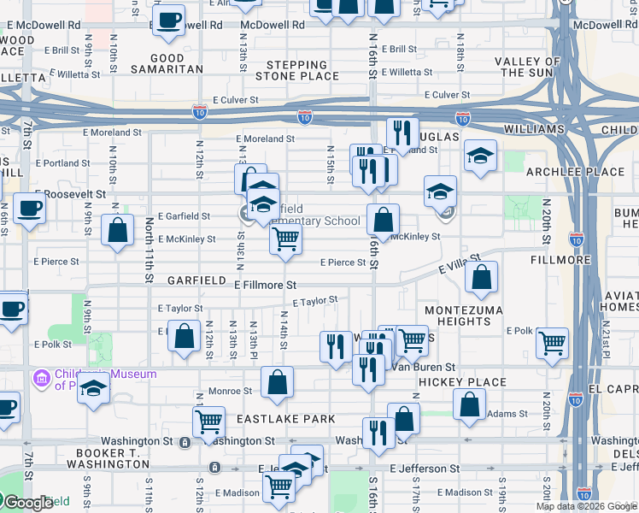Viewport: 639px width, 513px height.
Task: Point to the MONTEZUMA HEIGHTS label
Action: [x=460, y=315]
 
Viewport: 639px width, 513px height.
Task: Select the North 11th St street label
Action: [x=149, y=250]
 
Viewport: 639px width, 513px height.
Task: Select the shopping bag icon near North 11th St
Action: [x=117, y=230]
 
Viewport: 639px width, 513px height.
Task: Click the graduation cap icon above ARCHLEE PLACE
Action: [x=481, y=155]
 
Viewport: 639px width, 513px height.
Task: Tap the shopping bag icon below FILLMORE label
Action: [x=482, y=277]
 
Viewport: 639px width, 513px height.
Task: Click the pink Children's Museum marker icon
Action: [x=39, y=378]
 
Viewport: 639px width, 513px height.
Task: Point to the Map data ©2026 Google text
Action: [x=585, y=506]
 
